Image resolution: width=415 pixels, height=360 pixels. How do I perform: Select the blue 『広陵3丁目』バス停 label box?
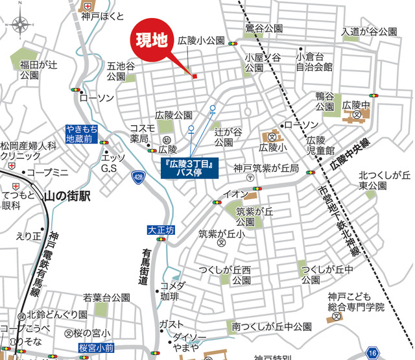coord(191,165)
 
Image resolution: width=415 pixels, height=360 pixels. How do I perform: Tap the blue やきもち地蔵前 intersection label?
coord(82,134)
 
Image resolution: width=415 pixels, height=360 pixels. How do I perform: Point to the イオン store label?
coord(234,194)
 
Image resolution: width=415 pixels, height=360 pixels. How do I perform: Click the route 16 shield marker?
coord(372,352)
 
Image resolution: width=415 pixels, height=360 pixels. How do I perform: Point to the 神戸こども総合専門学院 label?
coord(355,301)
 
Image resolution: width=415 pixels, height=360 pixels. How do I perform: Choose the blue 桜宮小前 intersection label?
coord(96,348)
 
